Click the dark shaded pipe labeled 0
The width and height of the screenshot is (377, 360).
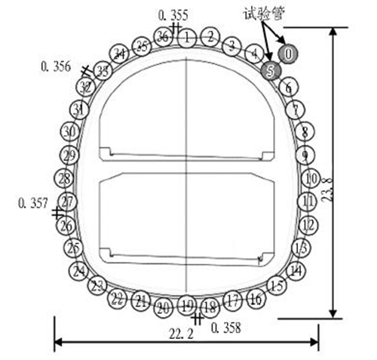(288, 54)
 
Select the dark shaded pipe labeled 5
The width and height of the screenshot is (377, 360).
(271, 70)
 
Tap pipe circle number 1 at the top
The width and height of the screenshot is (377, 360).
(187, 38)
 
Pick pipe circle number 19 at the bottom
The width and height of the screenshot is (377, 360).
(187, 306)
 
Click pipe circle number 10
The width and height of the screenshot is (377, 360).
(311, 179)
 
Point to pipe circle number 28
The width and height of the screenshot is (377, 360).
(64, 179)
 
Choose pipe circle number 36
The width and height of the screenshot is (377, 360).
(163, 37)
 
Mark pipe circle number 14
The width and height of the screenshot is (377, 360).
(296, 271)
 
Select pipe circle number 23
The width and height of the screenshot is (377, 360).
(97, 286)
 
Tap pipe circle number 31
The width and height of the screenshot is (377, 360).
(79, 109)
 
